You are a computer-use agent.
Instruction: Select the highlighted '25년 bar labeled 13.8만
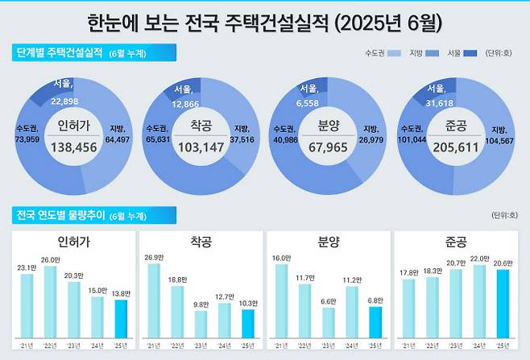coord(121,317)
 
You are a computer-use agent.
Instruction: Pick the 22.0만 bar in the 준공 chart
coord(478,300)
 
